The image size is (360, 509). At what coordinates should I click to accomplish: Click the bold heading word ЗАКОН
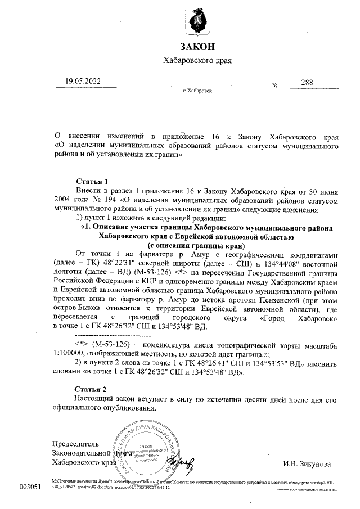(197, 46)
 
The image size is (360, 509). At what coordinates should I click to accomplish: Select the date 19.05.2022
(82, 82)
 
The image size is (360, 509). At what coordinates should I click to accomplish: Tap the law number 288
(307, 83)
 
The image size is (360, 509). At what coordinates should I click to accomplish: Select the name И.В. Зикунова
(307, 464)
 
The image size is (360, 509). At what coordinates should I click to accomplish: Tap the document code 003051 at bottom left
(30, 486)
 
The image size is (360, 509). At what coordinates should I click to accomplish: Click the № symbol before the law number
(275, 85)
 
